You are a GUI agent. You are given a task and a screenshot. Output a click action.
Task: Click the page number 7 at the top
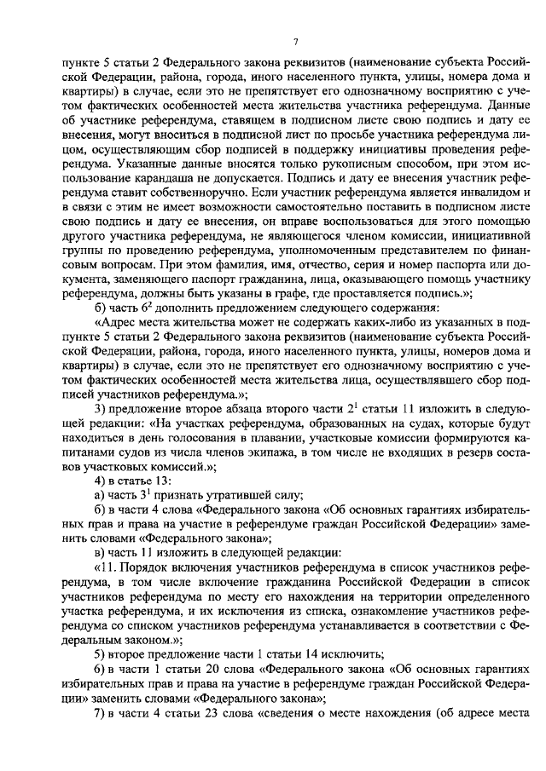tap(294, 42)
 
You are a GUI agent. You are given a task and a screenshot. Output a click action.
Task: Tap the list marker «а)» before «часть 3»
tap(99, 496)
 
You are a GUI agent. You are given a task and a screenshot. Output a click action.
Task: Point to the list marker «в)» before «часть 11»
tap(99, 554)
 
